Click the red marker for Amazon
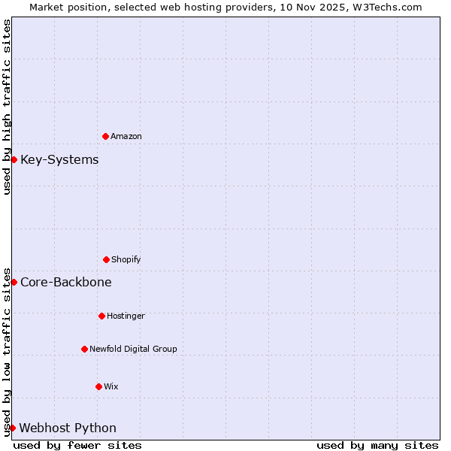coord(105,136)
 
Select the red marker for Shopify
coord(106,259)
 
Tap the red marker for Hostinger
coord(101,316)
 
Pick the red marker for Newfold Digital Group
coord(84,349)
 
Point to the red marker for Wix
coord(98,386)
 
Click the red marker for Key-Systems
coord(14,159)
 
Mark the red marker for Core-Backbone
coord(14,282)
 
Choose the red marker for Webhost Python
coord(12,428)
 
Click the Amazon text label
coord(126,137)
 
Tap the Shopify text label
coord(126,260)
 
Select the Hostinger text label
coord(126,316)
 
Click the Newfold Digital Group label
coord(133,350)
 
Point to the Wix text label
coord(111,387)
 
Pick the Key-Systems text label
coord(59,160)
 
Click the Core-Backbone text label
coord(66,283)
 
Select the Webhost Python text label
coord(68,428)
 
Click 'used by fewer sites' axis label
coord(77,445)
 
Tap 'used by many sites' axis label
coord(377,445)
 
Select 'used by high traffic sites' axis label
coord(7,107)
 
